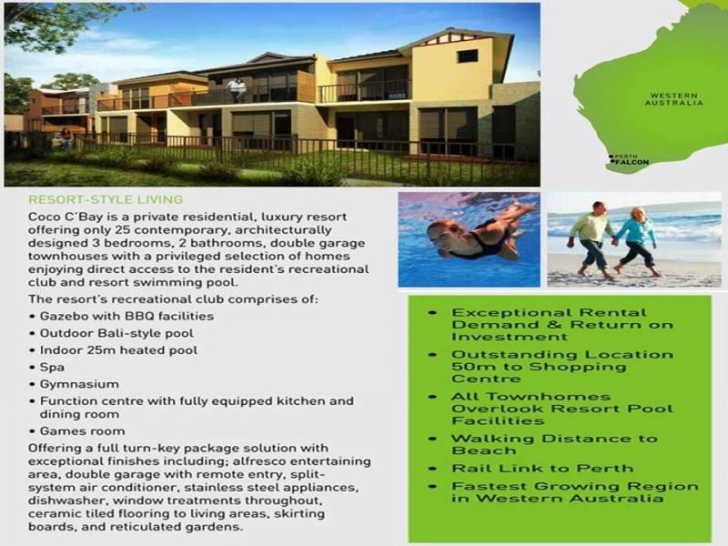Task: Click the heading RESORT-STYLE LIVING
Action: (106, 199)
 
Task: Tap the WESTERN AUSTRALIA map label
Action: (673, 98)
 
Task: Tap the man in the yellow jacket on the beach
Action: (593, 238)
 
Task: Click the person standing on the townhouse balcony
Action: (238, 89)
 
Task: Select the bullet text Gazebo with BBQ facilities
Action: (126, 316)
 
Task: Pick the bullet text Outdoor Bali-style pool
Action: (118, 333)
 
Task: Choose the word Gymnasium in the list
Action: (76, 384)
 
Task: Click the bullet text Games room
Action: (83, 430)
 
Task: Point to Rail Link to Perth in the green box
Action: (542, 468)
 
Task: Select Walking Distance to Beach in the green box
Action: (554, 444)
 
